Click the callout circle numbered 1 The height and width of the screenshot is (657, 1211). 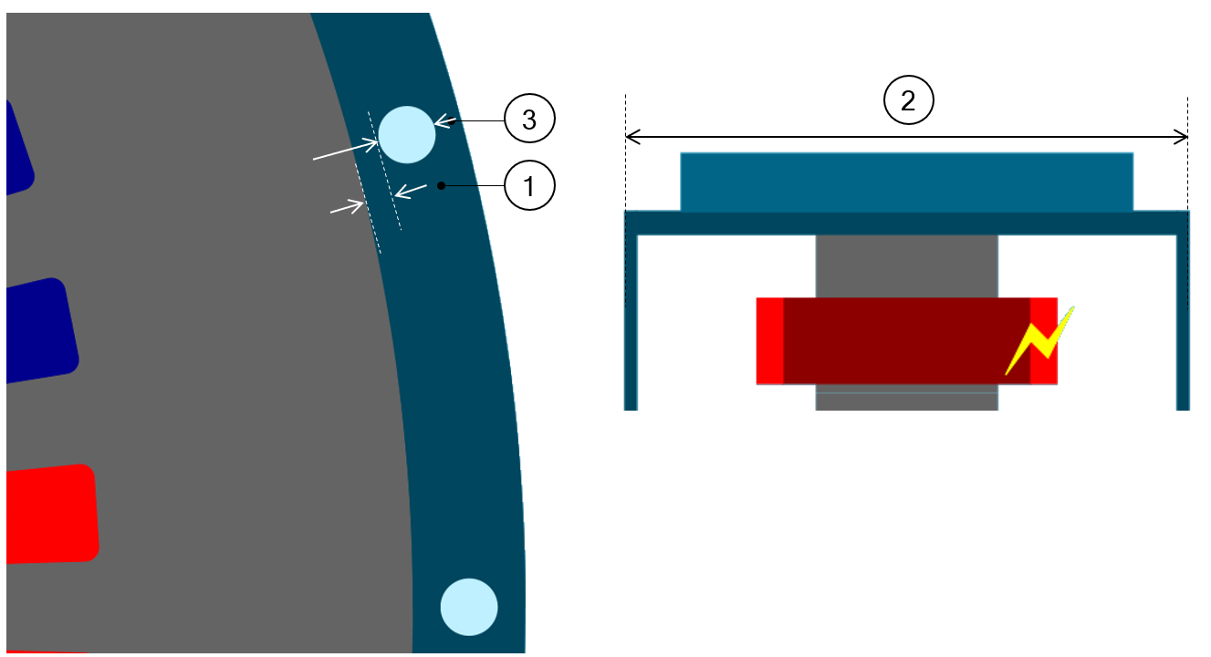point(529,187)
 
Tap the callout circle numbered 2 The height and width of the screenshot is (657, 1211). point(908,100)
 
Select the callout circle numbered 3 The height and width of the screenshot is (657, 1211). point(529,120)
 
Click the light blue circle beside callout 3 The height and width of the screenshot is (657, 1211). point(406,133)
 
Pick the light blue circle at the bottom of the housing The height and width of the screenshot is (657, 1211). point(469,607)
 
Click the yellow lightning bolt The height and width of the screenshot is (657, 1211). point(1039,341)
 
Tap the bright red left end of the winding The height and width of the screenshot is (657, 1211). point(770,340)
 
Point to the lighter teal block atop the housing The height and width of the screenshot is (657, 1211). point(906,182)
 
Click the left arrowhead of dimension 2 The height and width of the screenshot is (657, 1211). point(632,137)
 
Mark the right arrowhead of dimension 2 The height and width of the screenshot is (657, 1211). point(1183,137)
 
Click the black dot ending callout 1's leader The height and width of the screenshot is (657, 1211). point(441,186)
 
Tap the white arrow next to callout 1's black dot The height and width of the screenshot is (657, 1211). point(412,190)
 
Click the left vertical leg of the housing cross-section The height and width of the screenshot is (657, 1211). point(631,319)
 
